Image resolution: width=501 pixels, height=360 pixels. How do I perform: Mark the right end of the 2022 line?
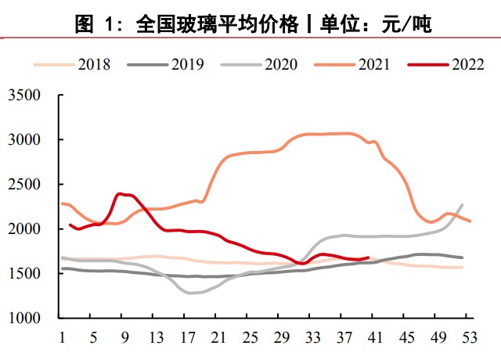click(367, 257)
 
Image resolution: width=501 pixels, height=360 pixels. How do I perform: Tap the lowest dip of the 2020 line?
click(190, 293)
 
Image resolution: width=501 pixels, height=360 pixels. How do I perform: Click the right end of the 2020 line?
click(462, 205)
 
